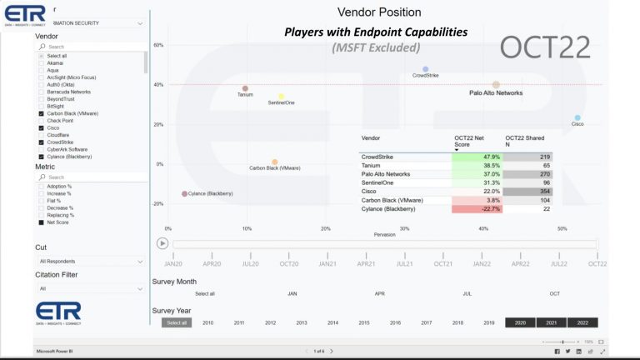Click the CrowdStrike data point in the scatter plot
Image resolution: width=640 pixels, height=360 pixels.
click(425, 69)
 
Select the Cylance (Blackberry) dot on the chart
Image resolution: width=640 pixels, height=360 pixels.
click(185, 193)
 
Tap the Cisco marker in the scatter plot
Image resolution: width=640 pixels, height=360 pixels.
click(577, 118)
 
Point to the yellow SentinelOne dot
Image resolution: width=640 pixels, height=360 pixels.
click(282, 97)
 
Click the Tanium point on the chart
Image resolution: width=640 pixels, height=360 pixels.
click(245, 88)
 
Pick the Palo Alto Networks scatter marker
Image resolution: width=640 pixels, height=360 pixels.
click(496, 85)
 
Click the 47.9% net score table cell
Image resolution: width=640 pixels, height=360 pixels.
click(477, 157)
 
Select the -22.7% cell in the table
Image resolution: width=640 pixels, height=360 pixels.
click(477, 209)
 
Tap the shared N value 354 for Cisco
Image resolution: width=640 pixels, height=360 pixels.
click(528, 192)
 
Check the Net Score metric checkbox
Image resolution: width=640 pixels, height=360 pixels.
click(42, 222)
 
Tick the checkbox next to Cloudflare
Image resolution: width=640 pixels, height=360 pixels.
click(42, 135)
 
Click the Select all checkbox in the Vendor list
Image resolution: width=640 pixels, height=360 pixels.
click(42, 56)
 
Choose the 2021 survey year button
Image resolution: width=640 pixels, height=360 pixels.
click(551, 322)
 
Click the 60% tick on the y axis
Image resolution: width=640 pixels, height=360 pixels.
click(158, 45)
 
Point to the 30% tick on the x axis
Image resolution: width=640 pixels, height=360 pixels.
click(404, 228)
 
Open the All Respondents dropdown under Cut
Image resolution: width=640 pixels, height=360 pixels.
click(90, 262)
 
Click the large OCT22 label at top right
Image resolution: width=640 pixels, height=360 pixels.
click(545, 47)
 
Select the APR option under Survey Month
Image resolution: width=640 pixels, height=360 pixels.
click(379, 293)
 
